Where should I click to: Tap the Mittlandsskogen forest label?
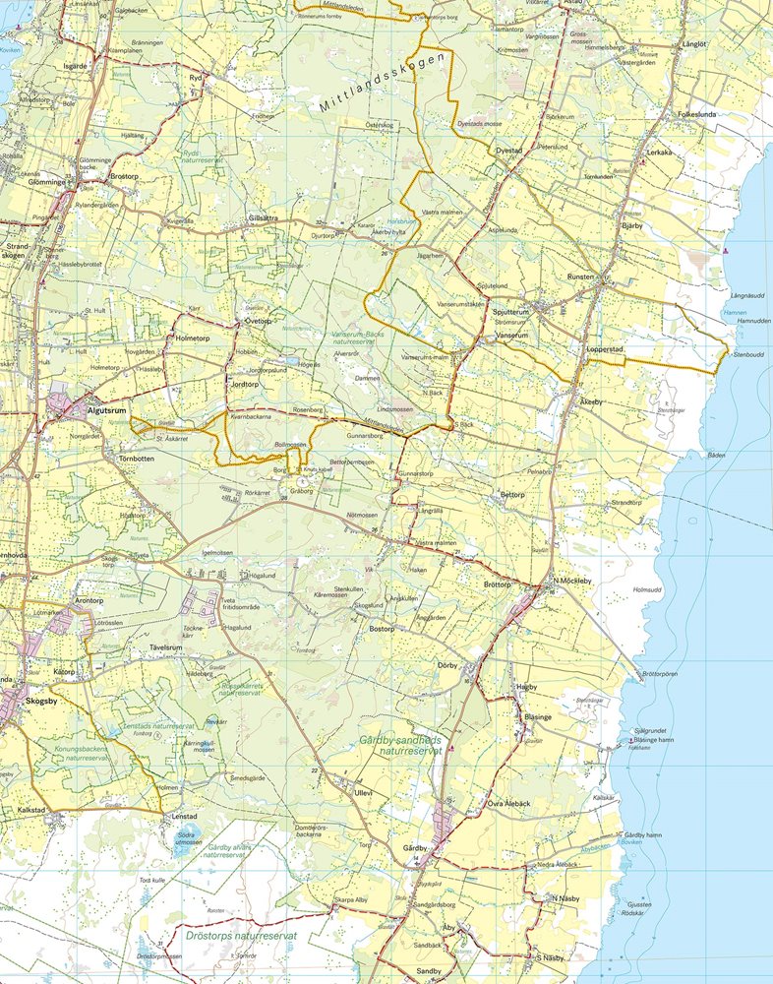pyautogui.click(x=384, y=82)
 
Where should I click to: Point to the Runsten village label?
pyautogui.click(x=580, y=277)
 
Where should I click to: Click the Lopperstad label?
pyautogui.click(x=606, y=349)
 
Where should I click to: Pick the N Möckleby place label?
pyautogui.click(x=570, y=581)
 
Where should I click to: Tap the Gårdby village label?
pyautogui.click(x=418, y=847)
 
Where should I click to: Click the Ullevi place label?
pyautogui.click(x=365, y=792)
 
